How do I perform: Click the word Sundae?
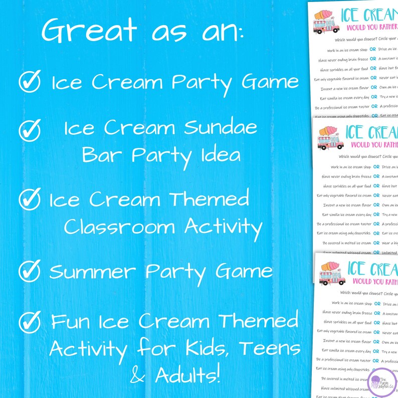(x=221, y=129)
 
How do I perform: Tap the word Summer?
(x=94, y=272)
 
